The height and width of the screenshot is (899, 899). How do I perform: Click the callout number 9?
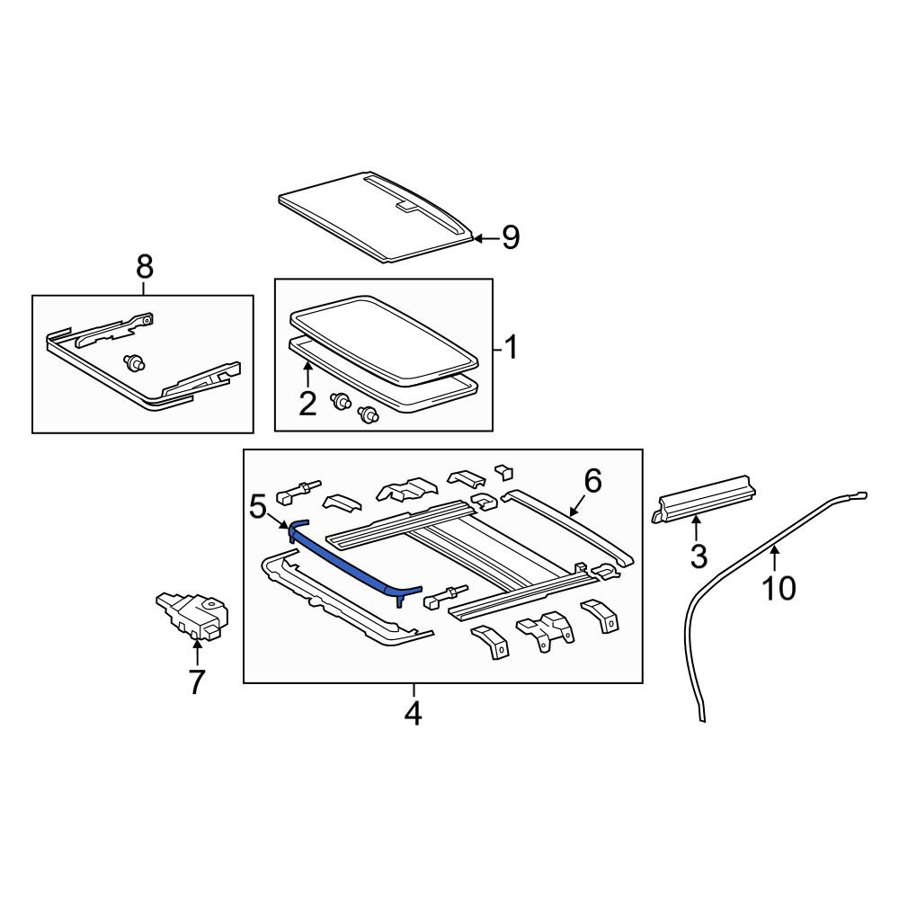511,237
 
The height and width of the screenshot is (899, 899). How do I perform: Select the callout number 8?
145,267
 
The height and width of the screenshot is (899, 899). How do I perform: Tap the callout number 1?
511,347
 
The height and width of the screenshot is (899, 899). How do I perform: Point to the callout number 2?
307,404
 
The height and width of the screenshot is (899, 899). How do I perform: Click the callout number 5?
259,507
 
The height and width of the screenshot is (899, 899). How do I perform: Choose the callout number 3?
699,556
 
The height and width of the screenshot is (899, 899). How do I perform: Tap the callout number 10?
779,588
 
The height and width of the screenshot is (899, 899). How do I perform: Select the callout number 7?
197,682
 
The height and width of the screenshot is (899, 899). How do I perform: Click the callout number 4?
414,713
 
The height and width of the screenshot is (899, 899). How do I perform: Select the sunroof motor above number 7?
192,615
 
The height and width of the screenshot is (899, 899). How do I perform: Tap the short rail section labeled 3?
704,498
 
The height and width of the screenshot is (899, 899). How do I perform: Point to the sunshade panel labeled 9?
378,217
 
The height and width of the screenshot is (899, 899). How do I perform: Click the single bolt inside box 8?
135,363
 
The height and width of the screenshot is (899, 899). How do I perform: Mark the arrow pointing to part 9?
485,237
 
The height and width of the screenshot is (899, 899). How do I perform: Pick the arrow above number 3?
696,528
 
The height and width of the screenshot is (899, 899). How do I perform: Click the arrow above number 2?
307,375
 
